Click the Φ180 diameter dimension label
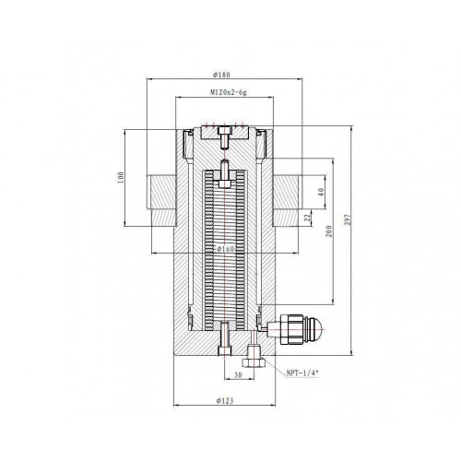(221, 75)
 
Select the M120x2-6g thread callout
(229, 92)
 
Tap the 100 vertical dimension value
(121, 178)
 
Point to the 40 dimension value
(321, 193)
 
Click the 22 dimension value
(307, 218)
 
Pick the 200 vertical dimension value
(329, 231)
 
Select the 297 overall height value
(348, 219)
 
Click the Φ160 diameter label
(226, 249)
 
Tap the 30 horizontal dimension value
(238, 374)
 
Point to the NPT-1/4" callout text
(302, 373)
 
